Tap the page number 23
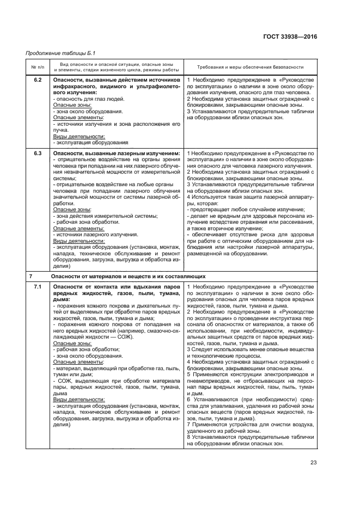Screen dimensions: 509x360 (x=313, y=463)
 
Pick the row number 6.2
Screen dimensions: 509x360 (x=38, y=80)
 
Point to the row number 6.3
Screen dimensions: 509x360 (x=38, y=154)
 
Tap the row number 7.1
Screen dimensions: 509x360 (x=38, y=286)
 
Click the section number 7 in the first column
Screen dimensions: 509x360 (x=31, y=276)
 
